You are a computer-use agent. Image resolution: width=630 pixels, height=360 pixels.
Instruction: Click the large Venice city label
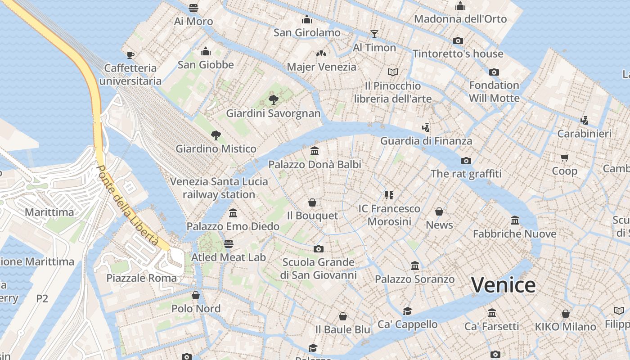click(503, 285)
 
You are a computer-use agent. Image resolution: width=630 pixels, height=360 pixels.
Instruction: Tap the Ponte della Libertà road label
click(128, 206)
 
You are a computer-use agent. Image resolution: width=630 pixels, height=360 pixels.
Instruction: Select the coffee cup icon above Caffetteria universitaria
click(130, 55)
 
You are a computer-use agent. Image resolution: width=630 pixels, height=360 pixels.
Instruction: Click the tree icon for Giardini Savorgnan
click(273, 99)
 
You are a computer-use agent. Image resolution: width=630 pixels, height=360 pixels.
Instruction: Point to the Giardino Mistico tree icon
click(216, 135)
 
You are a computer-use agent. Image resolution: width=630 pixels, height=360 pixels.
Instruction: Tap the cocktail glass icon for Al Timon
click(374, 34)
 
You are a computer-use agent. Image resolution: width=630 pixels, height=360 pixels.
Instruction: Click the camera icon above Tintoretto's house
click(458, 40)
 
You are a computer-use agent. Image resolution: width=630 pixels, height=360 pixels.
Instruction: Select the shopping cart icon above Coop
click(565, 157)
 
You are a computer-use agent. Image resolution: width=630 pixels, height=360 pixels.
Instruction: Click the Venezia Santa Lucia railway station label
click(219, 188)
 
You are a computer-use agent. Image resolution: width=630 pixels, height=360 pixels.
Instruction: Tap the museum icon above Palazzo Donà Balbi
click(315, 151)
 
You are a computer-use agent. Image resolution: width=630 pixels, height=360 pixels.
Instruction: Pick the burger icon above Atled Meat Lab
click(229, 243)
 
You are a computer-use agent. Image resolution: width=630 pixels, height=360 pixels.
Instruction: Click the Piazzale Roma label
click(142, 278)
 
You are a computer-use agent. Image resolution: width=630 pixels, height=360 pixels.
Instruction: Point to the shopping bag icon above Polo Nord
click(196, 295)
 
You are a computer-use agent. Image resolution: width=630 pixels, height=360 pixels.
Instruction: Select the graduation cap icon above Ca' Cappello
click(407, 311)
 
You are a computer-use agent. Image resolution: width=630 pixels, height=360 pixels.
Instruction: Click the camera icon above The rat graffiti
click(466, 161)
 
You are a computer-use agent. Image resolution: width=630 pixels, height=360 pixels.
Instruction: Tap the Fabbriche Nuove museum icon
click(515, 220)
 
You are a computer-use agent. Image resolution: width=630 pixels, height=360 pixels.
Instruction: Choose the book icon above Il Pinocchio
click(393, 72)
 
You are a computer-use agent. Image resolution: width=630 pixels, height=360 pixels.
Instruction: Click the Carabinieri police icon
click(584, 120)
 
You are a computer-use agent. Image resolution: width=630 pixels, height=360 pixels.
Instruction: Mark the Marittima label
click(49, 212)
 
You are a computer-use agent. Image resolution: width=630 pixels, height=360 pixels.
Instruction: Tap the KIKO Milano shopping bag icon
click(566, 314)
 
